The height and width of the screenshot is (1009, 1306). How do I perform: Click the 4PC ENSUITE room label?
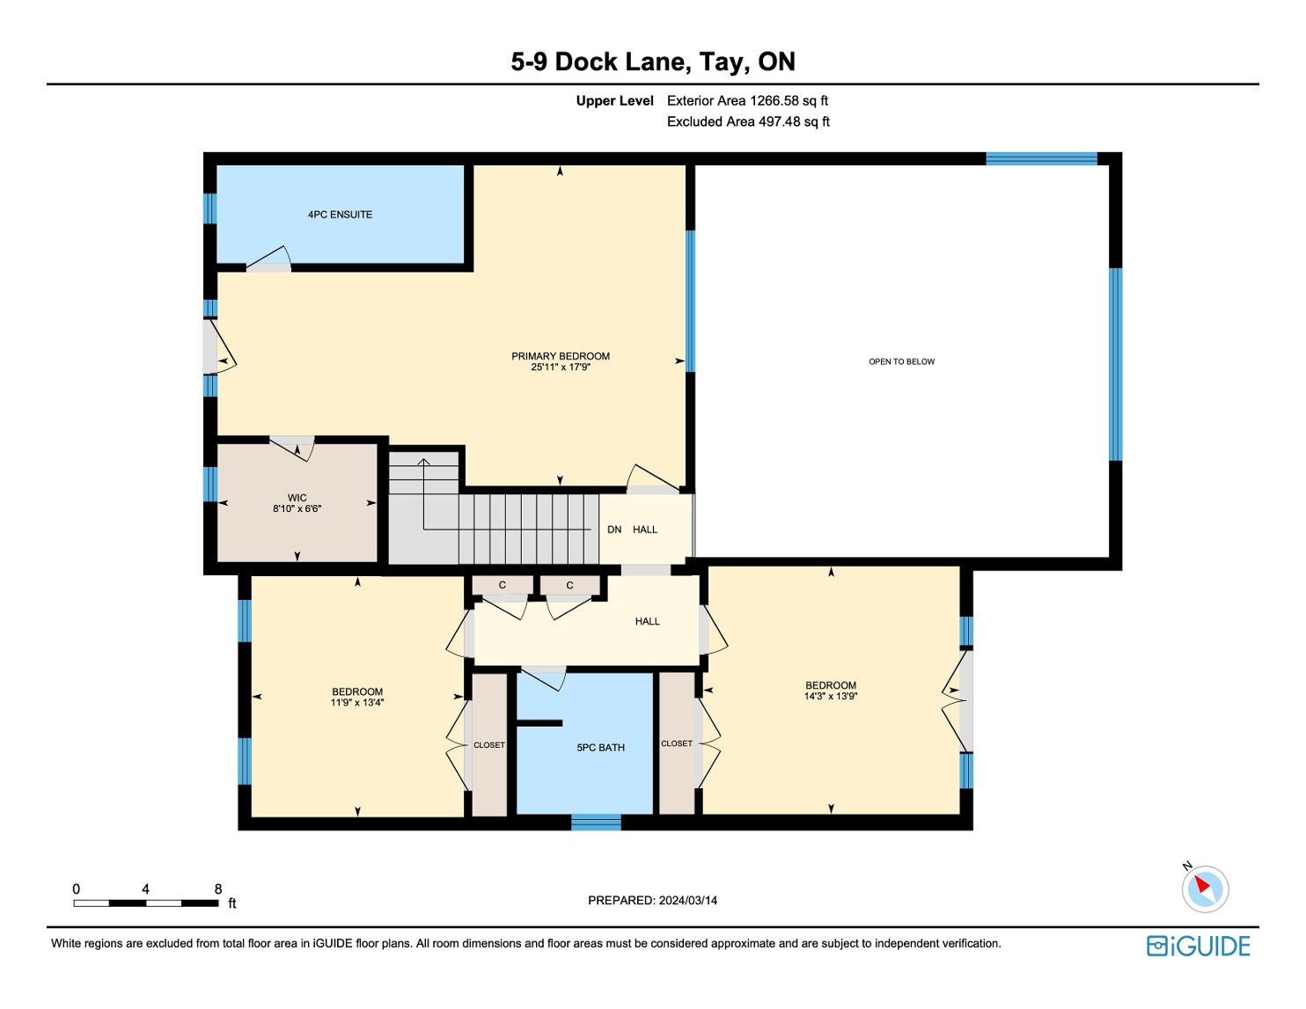point(341,215)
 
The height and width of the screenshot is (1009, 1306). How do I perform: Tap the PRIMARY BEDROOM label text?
point(560,356)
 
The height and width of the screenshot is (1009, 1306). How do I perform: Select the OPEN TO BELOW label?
point(901,362)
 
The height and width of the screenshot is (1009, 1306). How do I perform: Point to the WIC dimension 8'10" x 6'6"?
point(297,508)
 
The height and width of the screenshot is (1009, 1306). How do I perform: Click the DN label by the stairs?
point(614,529)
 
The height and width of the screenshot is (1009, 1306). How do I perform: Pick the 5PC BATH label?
point(600,748)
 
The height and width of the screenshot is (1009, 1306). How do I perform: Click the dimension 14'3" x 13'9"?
point(831,696)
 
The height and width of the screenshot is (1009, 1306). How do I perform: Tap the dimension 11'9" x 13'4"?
point(357,703)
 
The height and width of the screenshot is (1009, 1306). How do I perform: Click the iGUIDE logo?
point(1198,946)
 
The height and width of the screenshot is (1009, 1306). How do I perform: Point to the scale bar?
point(145,903)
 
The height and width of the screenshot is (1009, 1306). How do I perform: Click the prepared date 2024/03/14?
point(687,900)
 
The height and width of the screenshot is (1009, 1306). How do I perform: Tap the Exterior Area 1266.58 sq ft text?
point(747,101)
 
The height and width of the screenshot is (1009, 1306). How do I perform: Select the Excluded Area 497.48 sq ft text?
point(748,122)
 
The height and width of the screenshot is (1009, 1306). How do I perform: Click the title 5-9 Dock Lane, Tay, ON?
point(653,62)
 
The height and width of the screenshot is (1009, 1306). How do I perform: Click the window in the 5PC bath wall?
point(596,823)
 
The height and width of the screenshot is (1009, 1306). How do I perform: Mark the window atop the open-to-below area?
point(1042,158)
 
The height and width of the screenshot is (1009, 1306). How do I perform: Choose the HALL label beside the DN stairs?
point(645,529)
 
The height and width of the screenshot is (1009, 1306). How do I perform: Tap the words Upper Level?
point(614,101)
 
